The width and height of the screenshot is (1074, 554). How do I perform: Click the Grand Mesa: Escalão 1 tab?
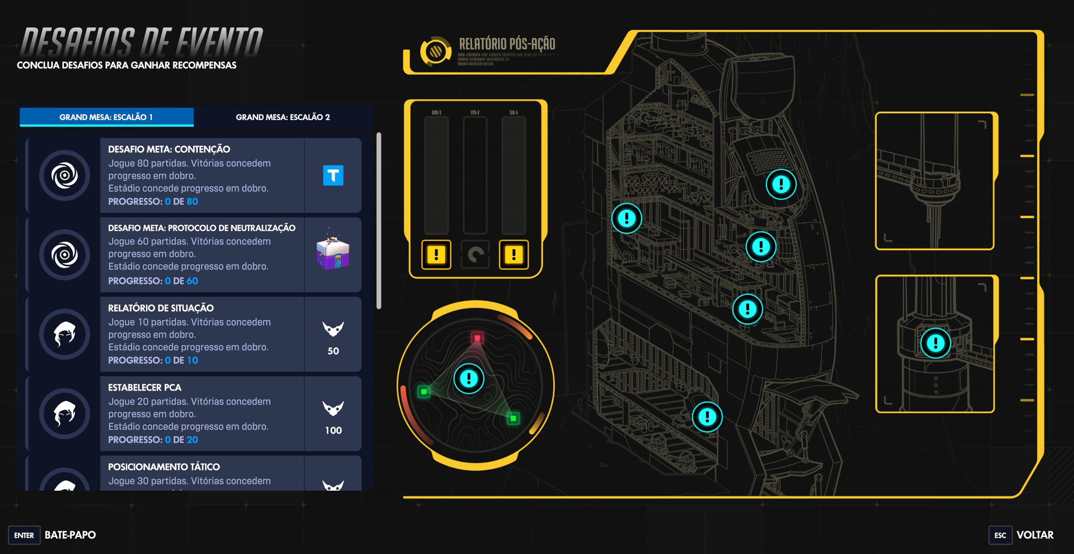coord(106,117)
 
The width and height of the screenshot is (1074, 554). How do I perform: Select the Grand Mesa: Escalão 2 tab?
coord(282,117)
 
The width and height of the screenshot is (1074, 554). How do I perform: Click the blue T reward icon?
coord(333,175)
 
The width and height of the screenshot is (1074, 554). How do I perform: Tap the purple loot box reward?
coord(333,254)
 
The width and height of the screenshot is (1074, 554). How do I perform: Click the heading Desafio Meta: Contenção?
coord(169,149)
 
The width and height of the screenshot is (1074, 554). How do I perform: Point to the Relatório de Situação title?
coord(161,308)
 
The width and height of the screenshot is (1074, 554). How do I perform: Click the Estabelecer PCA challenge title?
coord(145,388)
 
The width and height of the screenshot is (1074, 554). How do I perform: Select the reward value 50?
coord(333,351)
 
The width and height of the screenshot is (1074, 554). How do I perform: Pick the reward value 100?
coord(333,430)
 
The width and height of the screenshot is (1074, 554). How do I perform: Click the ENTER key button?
coord(24,535)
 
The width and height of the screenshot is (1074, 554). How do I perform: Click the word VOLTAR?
coord(1035,535)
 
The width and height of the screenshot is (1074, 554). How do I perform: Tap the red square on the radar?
coord(477,338)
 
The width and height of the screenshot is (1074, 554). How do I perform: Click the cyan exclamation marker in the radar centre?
coord(469,378)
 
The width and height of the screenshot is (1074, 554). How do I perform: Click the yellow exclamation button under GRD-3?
coord(436,254)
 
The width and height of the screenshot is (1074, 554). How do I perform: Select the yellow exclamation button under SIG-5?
coord(513,254)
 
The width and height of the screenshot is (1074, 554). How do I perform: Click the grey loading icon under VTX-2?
coord(475,254)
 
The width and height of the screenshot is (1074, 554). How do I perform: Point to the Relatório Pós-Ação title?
coord(507,44)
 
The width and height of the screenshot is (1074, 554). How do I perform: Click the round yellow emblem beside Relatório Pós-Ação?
coord(435,51)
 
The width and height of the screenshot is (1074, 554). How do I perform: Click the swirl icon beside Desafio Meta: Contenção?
coord(65,175)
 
